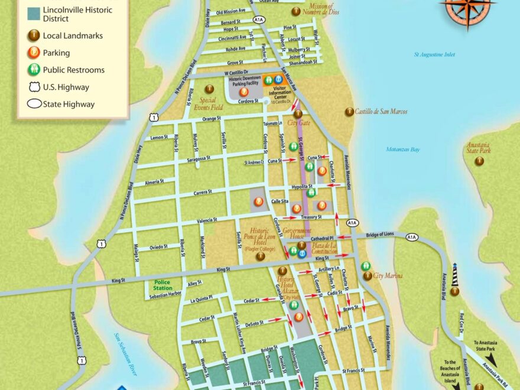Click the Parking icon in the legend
(34, 53)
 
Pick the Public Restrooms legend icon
(34, 70)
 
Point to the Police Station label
(162, 285)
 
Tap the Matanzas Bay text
(403, 149)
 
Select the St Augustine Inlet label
(434, 55)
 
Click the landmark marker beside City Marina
(368, 275)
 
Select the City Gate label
(298, 123)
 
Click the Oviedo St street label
(159, 247)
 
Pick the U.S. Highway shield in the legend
(34, 87)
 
